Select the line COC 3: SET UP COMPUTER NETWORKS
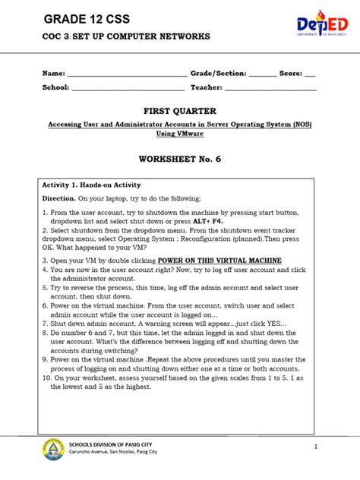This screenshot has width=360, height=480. (126, 36)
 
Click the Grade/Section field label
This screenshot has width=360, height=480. (218, 74)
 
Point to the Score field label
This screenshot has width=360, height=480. (291, 74)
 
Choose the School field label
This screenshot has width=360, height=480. (55, 87)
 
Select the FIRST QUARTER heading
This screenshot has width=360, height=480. (179, 111)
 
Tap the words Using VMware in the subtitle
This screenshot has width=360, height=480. (180, 133)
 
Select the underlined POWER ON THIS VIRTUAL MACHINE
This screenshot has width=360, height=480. (220, 261)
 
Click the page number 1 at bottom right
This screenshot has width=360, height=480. (314, 447)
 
